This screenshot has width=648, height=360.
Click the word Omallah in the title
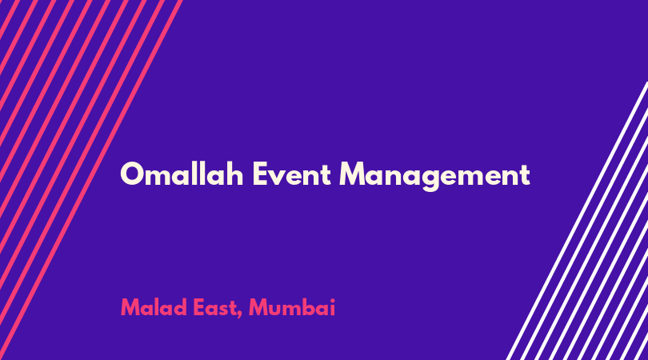pos(182,174)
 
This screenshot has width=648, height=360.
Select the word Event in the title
pos(292,174)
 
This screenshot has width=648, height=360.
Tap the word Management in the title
pos(434,177)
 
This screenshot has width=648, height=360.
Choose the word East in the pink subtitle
pos(215,308)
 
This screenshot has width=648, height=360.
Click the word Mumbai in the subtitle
pos(292,307)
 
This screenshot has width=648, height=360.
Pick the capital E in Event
pos(260,174)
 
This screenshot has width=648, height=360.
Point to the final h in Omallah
pos(234,174)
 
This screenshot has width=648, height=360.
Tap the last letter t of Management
pos(524,175)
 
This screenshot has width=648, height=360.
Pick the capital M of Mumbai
pos(259,307)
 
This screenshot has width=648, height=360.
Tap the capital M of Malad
pos(131,307)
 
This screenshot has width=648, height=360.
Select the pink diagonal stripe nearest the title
pos(91,180)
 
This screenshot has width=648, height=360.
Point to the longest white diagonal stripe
pos(577,221)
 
